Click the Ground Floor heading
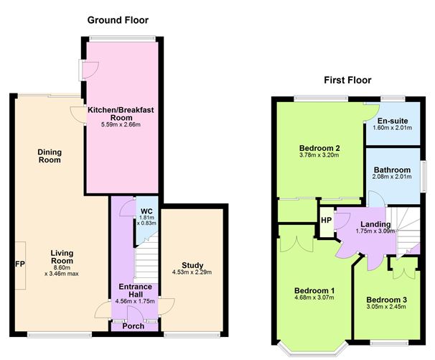click(x=118, y=20)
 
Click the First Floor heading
click(x=347, y=80)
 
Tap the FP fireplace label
click(x=20, y=264)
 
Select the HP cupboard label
click(x=326, y=221)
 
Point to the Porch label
click(x=134, y=326)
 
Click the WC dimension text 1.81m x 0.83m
click(x=146, y=221)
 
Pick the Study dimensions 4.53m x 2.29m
click(x=192, y=272)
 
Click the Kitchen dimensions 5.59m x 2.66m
click(x=121, y=125)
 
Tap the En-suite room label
click(x=393, y=121)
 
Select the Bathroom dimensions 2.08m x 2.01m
click(x=392, y=177)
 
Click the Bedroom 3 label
click(x=386, y=300)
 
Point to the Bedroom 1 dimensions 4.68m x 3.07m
click(x=314, y=297)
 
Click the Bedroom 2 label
click(x=319, y=148)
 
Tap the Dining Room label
click(x=50, y=156)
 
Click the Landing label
click(x=375, y=224)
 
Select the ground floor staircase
click(x=146, y=259)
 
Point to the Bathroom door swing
click(x=376, y=199)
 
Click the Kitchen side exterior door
click(x=89, y=70)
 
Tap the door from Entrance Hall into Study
click(x=167, y=306)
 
